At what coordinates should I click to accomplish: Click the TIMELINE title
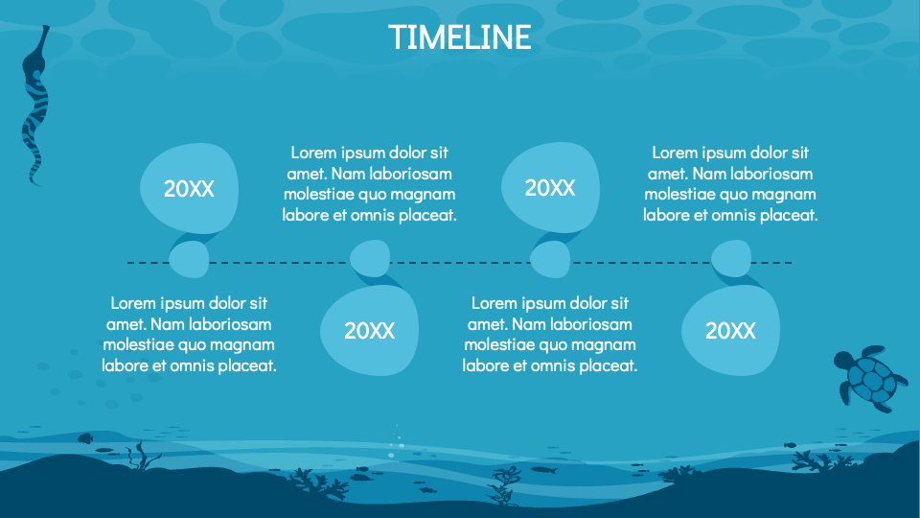click(x=459, y=36)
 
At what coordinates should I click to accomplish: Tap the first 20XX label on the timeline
click(x=188, y=189)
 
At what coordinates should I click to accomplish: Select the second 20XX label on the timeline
click(x=369, y=331)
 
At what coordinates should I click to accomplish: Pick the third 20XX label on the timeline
click(x=549, y=188)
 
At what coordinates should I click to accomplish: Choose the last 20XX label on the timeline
click(x=730, y=331)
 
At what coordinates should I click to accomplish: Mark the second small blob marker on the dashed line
click(x=369, y=258)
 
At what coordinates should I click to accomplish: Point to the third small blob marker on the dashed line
click(x=550, y=259)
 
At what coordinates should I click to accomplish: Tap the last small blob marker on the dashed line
click(x=730, y=258)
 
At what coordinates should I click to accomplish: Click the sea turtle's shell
click(x=874, y=379)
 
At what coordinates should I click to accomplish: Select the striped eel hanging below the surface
click(x=34, y=106)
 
